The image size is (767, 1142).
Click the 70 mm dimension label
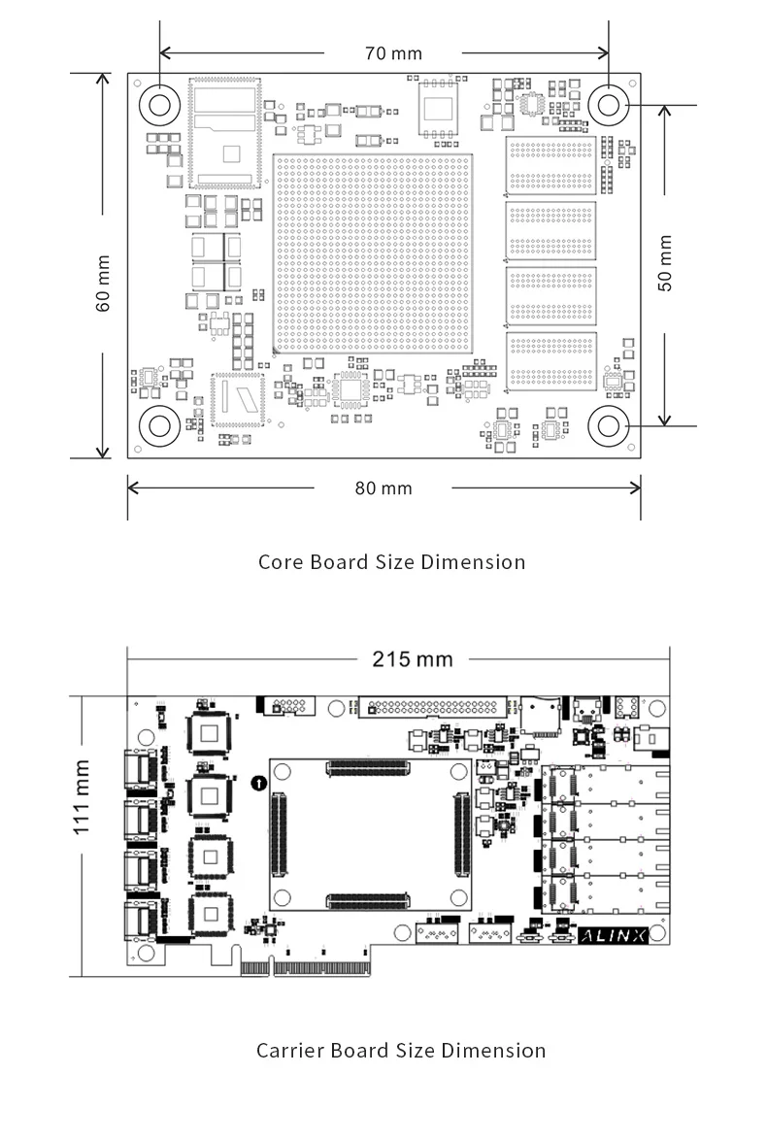click(x=393, y=53)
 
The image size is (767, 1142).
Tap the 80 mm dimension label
click(x=383, y=487)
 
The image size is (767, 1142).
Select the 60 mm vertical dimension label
click(x=103, y=283)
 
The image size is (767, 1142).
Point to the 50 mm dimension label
click(x=665, y=263)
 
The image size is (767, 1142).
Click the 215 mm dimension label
click(x=413, y=659)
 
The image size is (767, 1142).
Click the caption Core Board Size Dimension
click(x=391, y=562)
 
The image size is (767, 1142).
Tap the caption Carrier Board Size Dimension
click(x=400, y=1050)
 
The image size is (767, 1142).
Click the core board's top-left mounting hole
click(x=158, y=103)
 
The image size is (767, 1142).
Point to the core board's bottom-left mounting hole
click(x=158, y=425)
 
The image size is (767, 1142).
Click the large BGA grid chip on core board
click(x=374, y=252)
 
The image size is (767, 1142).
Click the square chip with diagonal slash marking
click(x=237, y=400)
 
